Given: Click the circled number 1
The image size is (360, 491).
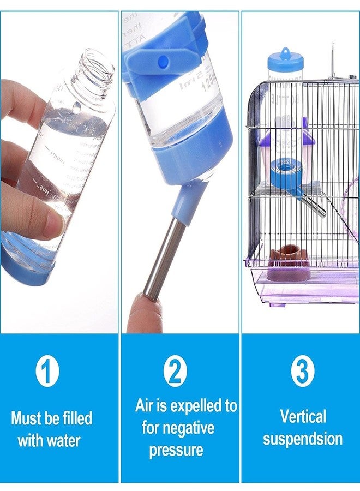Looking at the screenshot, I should (x=47, y=372).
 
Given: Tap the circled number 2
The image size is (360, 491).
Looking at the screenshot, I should (x=175, y=372).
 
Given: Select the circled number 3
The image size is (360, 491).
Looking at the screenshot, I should (x=302, y=372).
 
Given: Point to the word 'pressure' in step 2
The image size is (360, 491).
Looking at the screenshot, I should (x=176, y=450).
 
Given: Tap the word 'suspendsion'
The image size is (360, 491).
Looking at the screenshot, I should (x=303, y=439).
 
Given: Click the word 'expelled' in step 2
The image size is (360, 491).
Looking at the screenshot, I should (x=196, y=406).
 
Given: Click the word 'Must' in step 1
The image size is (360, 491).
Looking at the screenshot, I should (x=27, y=418).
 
